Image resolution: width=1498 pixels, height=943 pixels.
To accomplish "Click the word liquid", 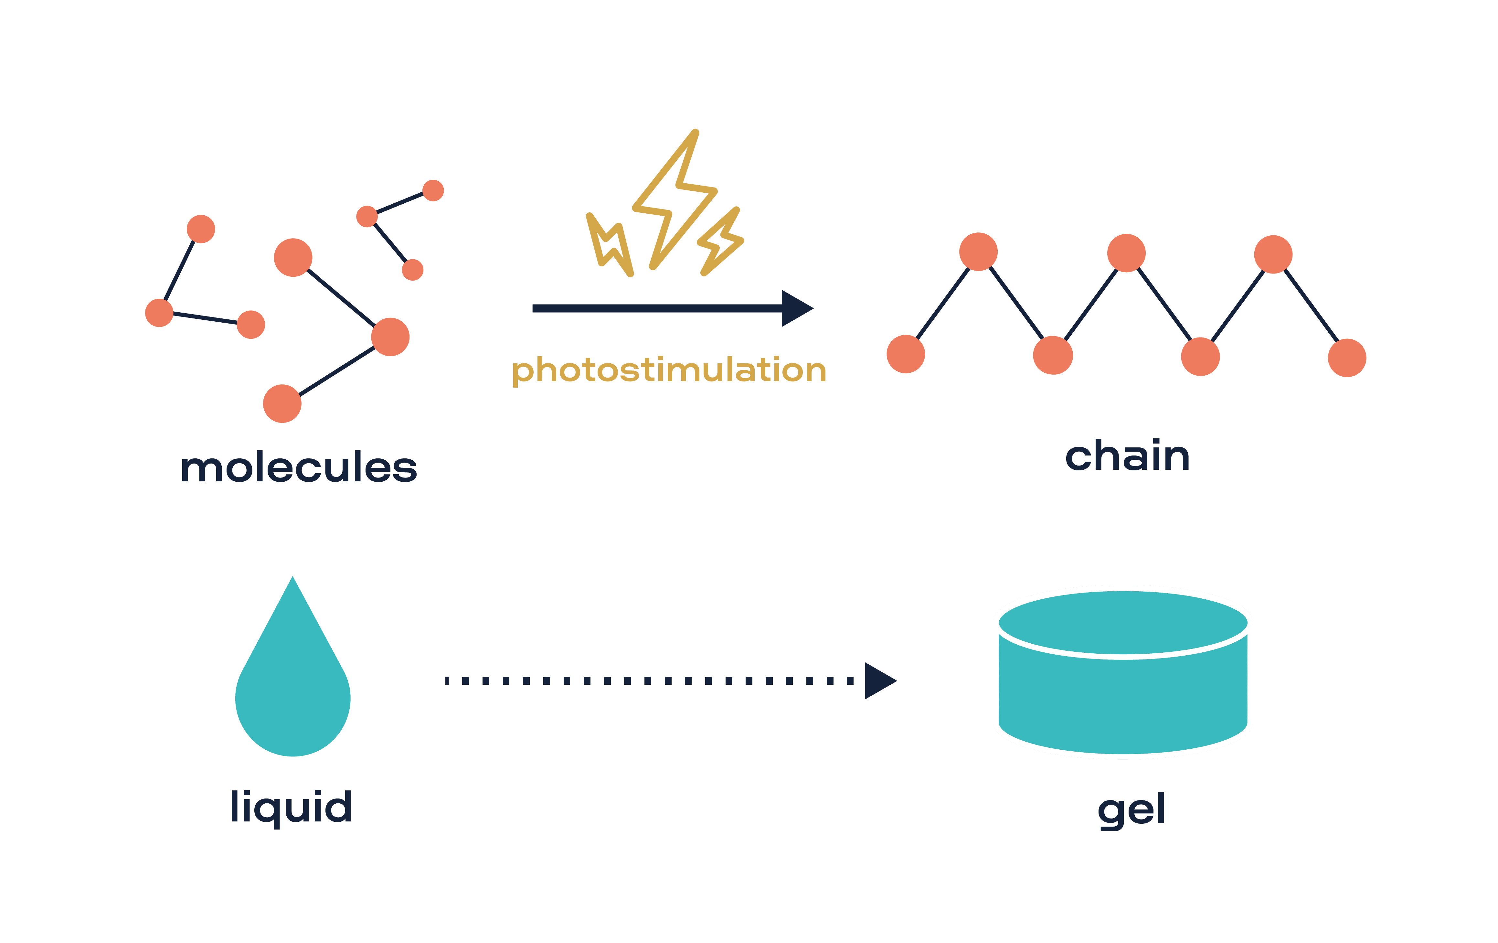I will point(291,807).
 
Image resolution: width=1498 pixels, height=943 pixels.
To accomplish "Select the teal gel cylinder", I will point(1123,697).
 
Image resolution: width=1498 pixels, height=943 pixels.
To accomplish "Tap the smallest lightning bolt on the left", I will point(610,246).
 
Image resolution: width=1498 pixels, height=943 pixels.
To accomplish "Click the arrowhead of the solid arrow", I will point(796,308).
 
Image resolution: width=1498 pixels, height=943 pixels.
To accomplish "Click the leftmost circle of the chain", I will point(906,354).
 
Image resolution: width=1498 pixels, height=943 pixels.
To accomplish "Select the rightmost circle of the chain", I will point(1347,358).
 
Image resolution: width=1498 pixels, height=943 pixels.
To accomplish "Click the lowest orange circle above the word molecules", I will point(282,403).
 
